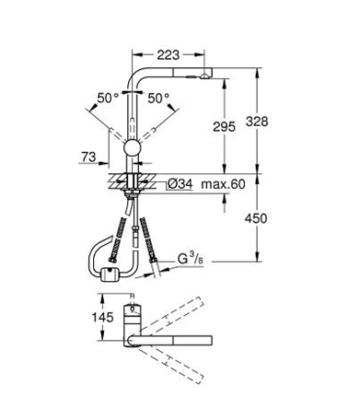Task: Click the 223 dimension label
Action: [168, 55]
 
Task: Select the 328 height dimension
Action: [257, 122]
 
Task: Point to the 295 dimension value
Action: [225, 126]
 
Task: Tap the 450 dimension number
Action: [256, 218]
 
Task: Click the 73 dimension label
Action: [88, 157]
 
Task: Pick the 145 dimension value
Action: [103, 317]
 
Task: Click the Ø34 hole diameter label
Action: [180, 184]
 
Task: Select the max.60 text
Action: [223, 184]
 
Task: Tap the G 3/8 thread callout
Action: [191, 259]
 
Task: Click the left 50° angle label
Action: [108, 99]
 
